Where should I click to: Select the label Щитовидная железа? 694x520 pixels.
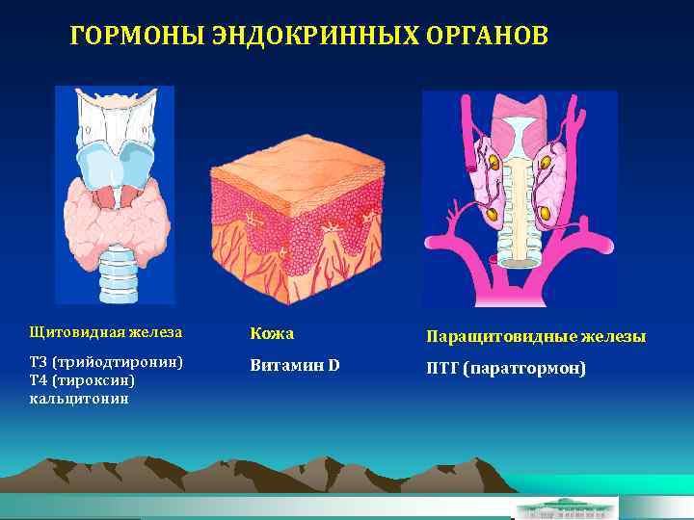point(105,332)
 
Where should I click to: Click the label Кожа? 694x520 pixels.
point(272,333)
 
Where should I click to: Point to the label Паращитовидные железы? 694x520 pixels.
point(536,337)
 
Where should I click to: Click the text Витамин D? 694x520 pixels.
point(294,366)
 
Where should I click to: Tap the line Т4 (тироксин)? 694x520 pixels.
point(89,379)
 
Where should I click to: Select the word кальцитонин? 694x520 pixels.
point(79,397)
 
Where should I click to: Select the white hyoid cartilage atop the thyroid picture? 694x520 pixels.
point(116,112)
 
